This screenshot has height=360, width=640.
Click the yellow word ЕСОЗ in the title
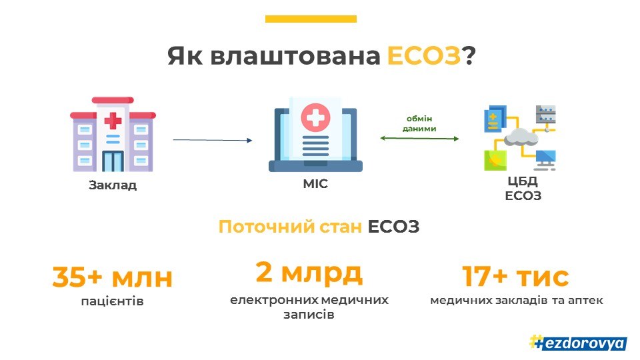point(424,55)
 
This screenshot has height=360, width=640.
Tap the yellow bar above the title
point(311,19)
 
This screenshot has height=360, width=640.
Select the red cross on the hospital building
point(113,121)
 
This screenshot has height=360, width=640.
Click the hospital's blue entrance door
point(113,161)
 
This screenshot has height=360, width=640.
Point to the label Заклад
point(113,185)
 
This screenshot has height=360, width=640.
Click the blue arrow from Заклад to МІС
point(213,140)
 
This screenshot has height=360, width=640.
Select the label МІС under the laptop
point(315,184)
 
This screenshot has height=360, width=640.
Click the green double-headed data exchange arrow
point(419,139)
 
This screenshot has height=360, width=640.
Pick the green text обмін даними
point(419,124)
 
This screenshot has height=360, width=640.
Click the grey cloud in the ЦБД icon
point(521,137)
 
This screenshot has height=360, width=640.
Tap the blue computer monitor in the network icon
point(545,159)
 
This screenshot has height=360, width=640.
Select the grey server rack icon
point(546,114)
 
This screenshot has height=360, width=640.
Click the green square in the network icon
point(495,161)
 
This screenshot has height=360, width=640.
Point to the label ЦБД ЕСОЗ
point(523,188)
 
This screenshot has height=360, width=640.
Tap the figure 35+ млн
point(113,277)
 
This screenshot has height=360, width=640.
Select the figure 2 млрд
point(309,273)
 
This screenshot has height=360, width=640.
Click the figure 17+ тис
point(515,276)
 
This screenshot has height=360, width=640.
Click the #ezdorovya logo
point(578,343)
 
